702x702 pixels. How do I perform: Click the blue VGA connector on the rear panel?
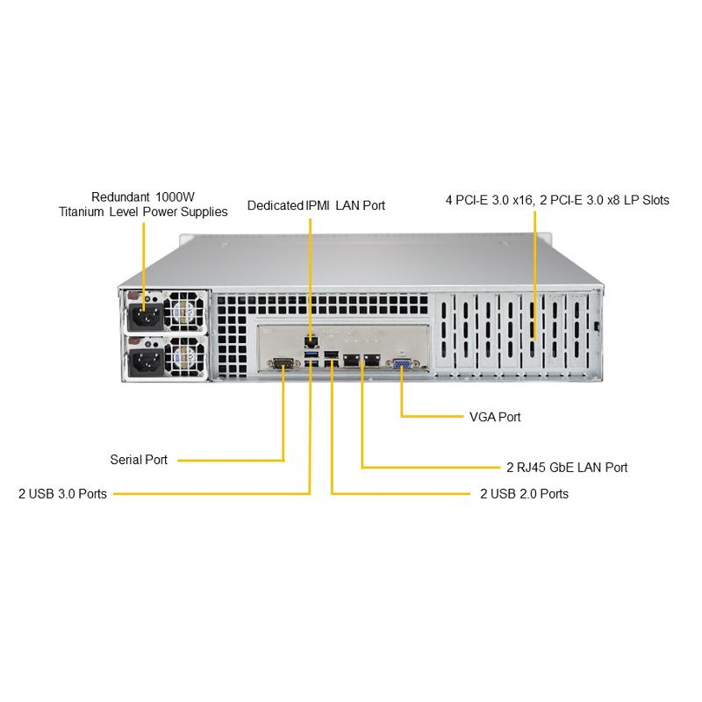(x=403, y=364)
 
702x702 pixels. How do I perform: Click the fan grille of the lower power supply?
(x=184, y=357)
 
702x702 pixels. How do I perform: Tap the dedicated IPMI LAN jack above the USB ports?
(x=312, y=342)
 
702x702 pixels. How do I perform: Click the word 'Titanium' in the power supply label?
(x=82, y=211)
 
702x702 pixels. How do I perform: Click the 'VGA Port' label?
(x=495, y=417)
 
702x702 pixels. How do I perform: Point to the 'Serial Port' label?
(x=139, y=459)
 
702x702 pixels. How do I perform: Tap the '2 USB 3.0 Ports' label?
(x=62, y=493)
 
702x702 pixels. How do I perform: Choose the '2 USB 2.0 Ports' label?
(x=524, y=493)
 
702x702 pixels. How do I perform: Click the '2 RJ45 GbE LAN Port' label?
(x=567, y=467)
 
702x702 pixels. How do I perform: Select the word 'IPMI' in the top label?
(x=318, y=205)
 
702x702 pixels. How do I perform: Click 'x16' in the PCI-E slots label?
(x=522, y=200)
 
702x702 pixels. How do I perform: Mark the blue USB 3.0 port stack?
(x=312, y=359)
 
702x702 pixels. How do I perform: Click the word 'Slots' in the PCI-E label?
(x=655, y=200)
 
